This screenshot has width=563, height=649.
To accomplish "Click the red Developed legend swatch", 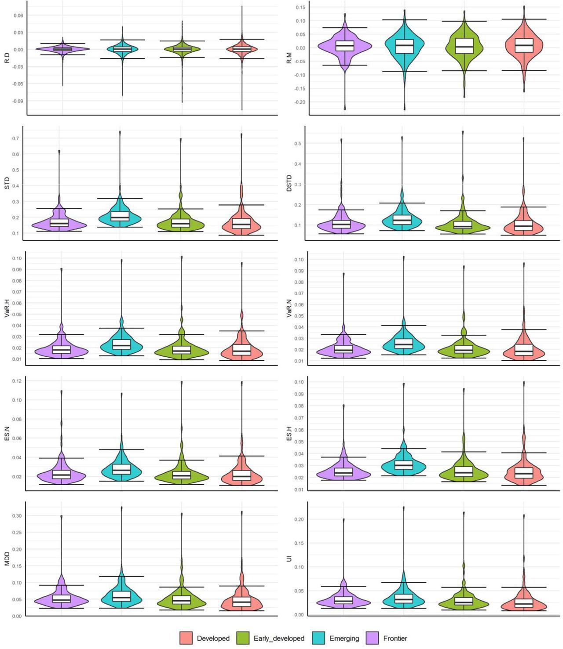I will coord(186,638).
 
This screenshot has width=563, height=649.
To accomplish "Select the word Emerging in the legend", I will coord(344,638).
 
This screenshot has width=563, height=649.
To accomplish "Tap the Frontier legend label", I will coord(395,638).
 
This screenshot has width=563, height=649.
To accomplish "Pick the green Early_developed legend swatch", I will coord(243,638).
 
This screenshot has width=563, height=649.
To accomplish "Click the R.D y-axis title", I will coord(7,58).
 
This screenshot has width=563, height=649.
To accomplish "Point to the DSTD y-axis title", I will coord(289,183).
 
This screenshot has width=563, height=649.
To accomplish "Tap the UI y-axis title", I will coord(289,558).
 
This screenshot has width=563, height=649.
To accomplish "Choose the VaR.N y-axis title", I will coord(289,308).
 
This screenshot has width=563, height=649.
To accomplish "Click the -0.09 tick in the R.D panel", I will coord(18,101).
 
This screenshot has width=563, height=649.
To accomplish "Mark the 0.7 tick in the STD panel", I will coord(16,138).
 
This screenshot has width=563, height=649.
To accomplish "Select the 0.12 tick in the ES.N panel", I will coord(17,381).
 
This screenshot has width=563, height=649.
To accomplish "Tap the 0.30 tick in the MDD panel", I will coord(17,516).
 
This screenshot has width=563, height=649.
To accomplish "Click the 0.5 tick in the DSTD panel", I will coord(298,144).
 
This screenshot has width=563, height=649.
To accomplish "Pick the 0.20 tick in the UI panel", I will coord(299,519).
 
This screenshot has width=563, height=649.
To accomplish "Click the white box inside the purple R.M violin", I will coord(345,46).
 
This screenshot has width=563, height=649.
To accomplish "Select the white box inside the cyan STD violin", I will coord(120,216).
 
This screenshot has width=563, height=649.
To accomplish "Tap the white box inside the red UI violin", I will coord(524,603).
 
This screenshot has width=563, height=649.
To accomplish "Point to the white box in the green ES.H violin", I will coord(464,471).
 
